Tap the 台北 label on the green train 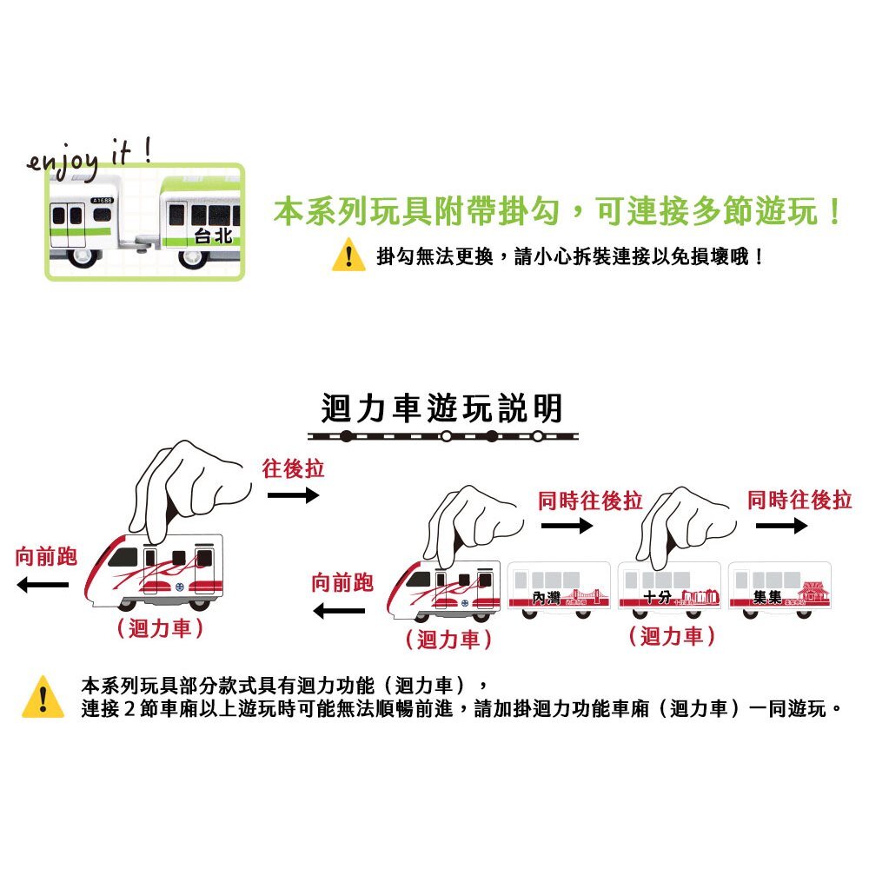(214, 235)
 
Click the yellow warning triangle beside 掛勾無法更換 (348, 257)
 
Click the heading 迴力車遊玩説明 (442, 408)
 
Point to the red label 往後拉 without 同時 (294, 469)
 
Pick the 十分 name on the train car (658, 598)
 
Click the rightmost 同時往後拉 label (799, 500)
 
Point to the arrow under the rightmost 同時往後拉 (781, 527)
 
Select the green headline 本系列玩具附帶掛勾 (556, 213)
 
